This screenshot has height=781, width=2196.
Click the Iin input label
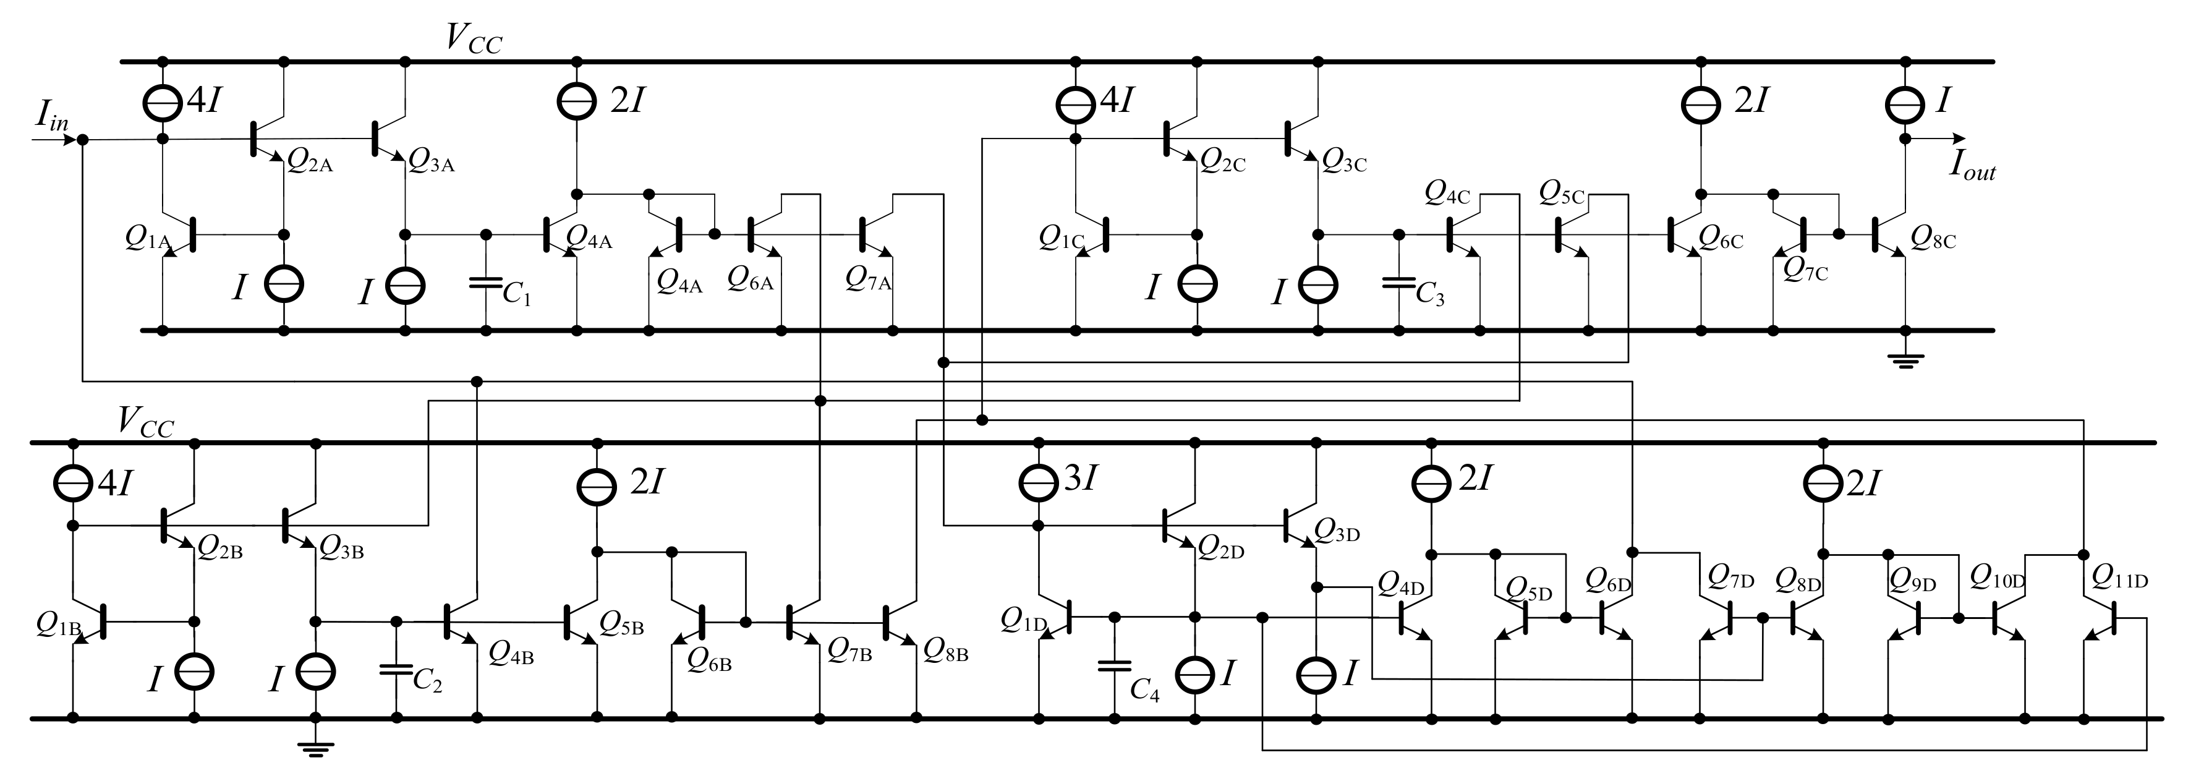(x=50, y=116)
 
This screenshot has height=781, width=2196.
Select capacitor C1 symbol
(x=485, y=282)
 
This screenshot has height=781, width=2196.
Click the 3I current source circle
(x=1038, y=482)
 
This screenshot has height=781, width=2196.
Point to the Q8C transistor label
(x=1933, y=238)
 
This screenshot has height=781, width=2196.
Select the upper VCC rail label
(x=474, y=39)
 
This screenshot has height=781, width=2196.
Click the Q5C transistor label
(x=1562, y=194)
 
